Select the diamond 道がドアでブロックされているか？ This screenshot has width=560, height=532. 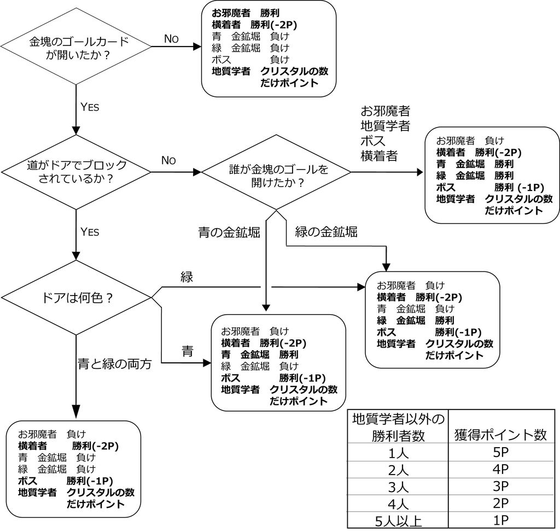77,172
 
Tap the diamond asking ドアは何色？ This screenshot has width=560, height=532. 77,298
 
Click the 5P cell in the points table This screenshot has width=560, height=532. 500,453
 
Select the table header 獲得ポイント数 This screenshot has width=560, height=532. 500,435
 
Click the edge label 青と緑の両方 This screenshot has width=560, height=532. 114,363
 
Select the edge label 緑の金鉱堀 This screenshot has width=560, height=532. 326,232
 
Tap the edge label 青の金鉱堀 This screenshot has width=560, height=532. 229,233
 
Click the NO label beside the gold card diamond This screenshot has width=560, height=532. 171,38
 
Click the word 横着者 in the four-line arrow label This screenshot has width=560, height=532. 379,156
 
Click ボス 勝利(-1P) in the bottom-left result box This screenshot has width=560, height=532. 66,481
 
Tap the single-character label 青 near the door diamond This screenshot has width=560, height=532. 188,352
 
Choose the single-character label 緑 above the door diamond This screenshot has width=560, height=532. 187,277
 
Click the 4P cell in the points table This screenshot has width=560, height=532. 500,470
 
